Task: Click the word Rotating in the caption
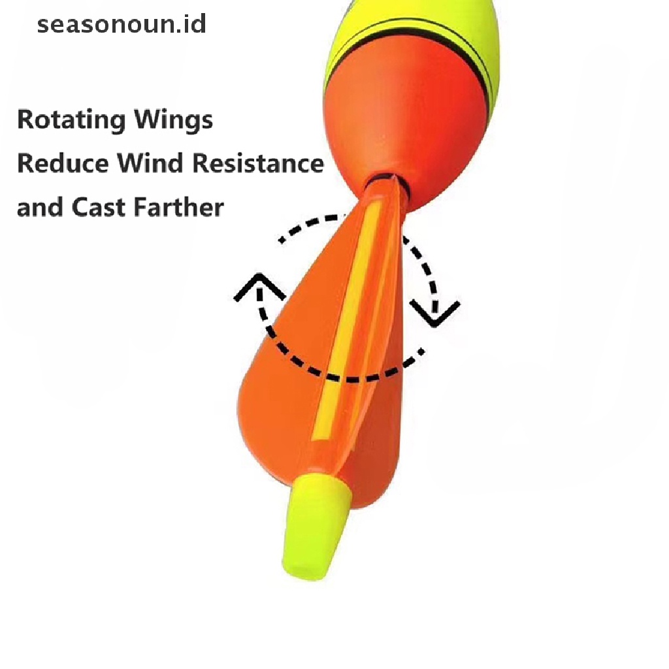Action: pyautogui.click(x=71, y=121)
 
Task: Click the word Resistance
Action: pyautogui.click(x=258, y=163)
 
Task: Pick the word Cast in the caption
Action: pyautogui.click(x=99, y=207)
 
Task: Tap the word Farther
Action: pyautogui.click(x=178, y=207)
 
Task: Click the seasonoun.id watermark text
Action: pyautogui.click(x=122, y=25)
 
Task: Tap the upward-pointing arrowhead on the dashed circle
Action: pyautogui.click(x=259, y=287)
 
